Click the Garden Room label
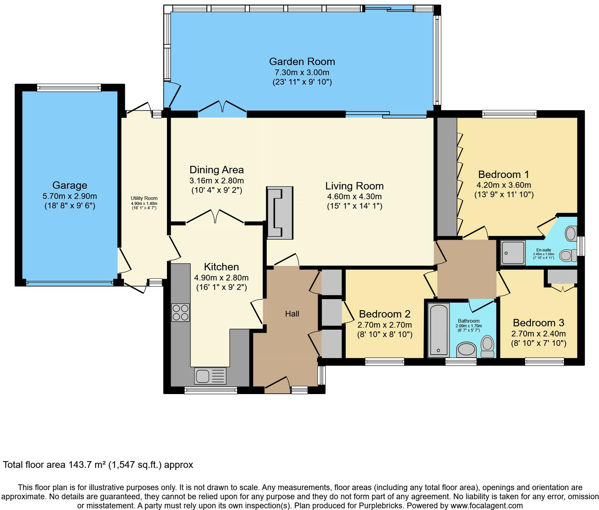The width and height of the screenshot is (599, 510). point(302,62)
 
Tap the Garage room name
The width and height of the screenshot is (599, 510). point(70,185)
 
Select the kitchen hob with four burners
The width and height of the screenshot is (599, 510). point(180,312)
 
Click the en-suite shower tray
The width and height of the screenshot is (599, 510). point(513,252)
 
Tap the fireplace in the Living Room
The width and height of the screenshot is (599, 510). point(280,213)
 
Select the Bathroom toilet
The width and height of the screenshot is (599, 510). point(487,347)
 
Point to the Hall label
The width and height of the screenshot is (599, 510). point(292,314)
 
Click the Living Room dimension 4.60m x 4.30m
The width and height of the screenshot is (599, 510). point(354,197)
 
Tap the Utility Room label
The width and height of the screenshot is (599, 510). point(144,198)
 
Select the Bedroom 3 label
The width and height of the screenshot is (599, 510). point(539,323)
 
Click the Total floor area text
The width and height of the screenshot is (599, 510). point(98,465)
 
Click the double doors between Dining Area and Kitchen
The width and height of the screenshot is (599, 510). point(215,216)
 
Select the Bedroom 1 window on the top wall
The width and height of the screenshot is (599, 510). point(509,114)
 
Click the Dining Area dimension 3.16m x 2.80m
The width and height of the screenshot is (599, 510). point(217,181)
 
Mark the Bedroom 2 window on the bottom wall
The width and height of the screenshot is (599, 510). point(384,362)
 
